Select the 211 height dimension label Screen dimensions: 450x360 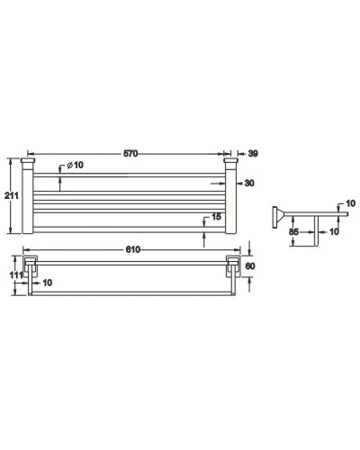coord(10,198)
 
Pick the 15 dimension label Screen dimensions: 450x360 coord(215,217)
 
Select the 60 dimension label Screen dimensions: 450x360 coord(252,267)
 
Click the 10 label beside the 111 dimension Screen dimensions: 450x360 coord(46,283)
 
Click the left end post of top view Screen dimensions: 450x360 coord(28,198)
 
